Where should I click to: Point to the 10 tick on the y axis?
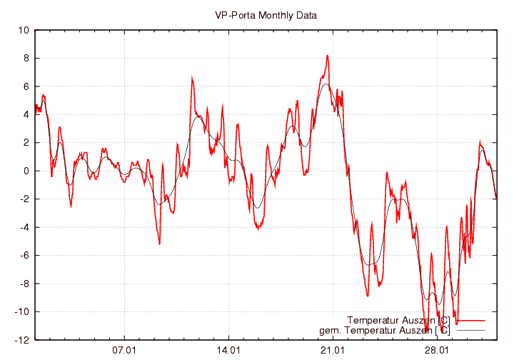(x=24, y=31)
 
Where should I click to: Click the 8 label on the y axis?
(x=26, y=59)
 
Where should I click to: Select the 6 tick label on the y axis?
(x=26, y=86)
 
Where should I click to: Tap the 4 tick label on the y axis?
(x=26, y=114)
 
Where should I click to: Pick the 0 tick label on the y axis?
(x=26, y=171)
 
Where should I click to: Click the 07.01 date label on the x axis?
(x=124, y=351)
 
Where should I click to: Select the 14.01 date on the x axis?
(x=228, y=351)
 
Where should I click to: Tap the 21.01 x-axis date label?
(x=333, y=351)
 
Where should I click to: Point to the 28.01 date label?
(x=437, y=351)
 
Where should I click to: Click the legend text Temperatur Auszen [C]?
(x=398, y=319)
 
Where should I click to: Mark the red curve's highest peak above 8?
(x=327, y=55)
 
